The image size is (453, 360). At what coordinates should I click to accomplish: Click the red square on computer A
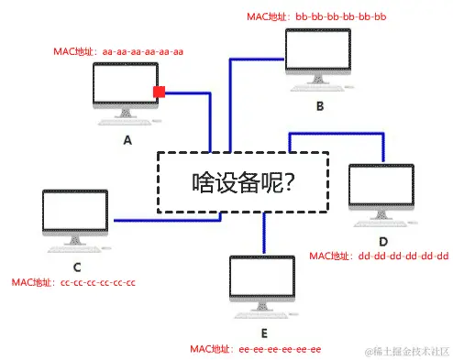click(x=160, y=93)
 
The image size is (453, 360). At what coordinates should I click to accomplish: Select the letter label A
click(x=127, y=140)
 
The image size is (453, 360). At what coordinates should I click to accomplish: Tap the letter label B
click(x=319, y=106)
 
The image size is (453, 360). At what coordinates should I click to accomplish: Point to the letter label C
click(x=77, y=267)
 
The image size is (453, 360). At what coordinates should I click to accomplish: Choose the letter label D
click(x=383, y=240)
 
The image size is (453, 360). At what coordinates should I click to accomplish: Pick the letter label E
click(x=264, y=333)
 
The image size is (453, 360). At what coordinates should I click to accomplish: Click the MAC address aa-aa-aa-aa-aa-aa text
click(x=119, y=51)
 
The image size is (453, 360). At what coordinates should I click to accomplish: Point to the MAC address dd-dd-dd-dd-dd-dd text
click(x=378, y=255)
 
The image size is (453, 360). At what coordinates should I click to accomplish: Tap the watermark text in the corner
click(x=406, y=352)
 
